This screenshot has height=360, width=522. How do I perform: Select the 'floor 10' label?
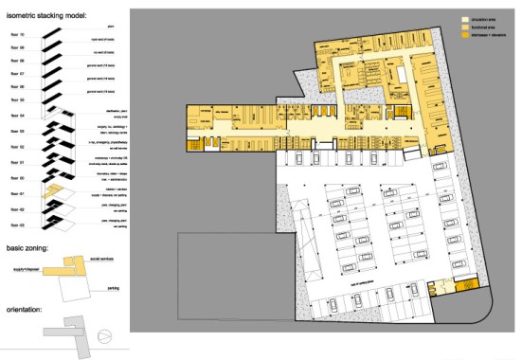[x=15, y=34]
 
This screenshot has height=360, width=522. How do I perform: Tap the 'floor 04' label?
[x=15, y=116]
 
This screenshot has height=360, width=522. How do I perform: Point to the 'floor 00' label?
[x=15, y=177]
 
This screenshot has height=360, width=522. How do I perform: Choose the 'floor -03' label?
[x=15, y=225]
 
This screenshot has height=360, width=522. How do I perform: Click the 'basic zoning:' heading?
[x=29, y=248]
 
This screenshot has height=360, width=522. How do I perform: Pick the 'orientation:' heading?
[x=28, y=309]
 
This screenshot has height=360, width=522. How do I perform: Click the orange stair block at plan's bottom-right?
[x=463, y=287]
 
